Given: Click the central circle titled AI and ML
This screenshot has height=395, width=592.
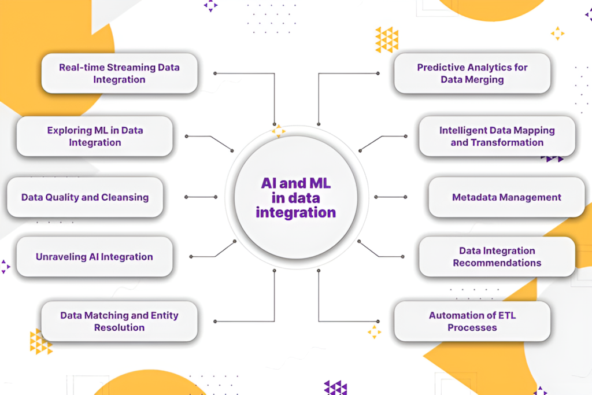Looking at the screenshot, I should point(295,197).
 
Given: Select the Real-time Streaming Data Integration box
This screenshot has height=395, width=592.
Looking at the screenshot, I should point(120,73).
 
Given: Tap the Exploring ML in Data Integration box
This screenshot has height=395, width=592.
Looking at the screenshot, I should point(95,136).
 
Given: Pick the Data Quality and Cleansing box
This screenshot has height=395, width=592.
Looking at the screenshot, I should point(85,197).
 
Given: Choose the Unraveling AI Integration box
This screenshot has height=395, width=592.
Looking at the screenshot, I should point(94,257).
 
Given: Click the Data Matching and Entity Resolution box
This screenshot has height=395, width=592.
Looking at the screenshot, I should point(120,322).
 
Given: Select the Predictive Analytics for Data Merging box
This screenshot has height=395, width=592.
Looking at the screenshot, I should point(472,73).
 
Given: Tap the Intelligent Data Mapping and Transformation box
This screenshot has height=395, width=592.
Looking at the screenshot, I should point(497,136).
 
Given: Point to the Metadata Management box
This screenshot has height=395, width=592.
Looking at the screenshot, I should point(506,197).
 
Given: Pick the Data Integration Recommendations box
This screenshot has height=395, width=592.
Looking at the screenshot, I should point(497,257).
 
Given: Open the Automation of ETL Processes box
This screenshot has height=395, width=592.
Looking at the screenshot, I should point(472,322).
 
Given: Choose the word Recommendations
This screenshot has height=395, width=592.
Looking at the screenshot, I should point(497,263).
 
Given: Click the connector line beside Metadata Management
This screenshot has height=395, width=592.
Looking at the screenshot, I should point(391,197).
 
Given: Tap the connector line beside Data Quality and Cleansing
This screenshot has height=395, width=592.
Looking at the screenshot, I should point(201,197).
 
